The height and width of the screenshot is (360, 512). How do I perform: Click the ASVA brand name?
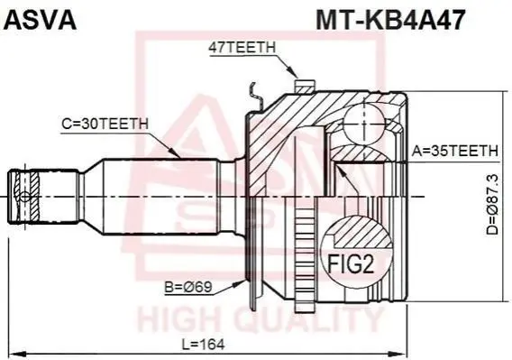(40, 20)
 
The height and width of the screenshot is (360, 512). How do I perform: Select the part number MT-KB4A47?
(389, 20)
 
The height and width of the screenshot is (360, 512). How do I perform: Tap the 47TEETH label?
(242, 48)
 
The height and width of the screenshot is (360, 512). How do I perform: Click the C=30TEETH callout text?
(105, 124)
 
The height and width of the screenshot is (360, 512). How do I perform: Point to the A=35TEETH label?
(455, 151)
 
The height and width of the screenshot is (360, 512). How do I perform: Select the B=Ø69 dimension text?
(188, 287)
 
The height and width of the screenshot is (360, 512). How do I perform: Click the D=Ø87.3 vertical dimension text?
(492, 204)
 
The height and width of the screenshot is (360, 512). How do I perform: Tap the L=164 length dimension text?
(203, 344)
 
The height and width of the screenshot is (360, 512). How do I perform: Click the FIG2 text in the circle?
(350, 264)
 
